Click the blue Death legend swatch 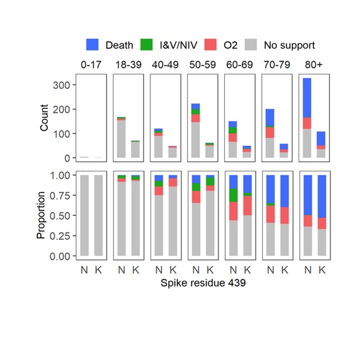[x=93, y=45]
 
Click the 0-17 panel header [x=91, y=65]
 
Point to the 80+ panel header [x=313, y=65]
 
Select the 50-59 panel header [x=202, y=65]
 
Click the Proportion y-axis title [x=41, y=214]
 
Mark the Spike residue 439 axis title [x=202, y=283]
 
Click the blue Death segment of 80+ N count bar [x=306, y=98]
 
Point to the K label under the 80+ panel [x=321, y=270]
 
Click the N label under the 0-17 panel [x=84, y=270]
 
